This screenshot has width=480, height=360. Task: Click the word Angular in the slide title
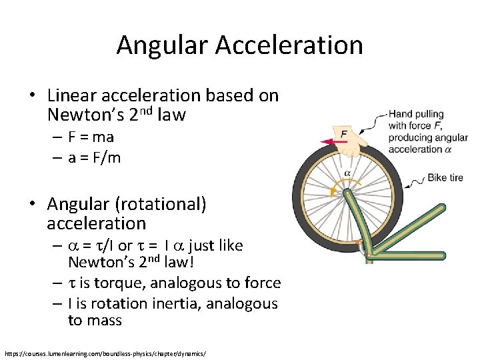(x=163, y=45)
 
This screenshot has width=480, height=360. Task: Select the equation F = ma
(x=91, y=137)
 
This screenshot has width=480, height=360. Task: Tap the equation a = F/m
(x=94, y=159)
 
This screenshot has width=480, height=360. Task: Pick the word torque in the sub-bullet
(x=121, y=283)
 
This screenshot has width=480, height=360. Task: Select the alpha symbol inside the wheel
(x=347, y=173)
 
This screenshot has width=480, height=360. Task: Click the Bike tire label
(x=446, y=178)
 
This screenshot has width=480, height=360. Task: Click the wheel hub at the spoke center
(x=347, y=193)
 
